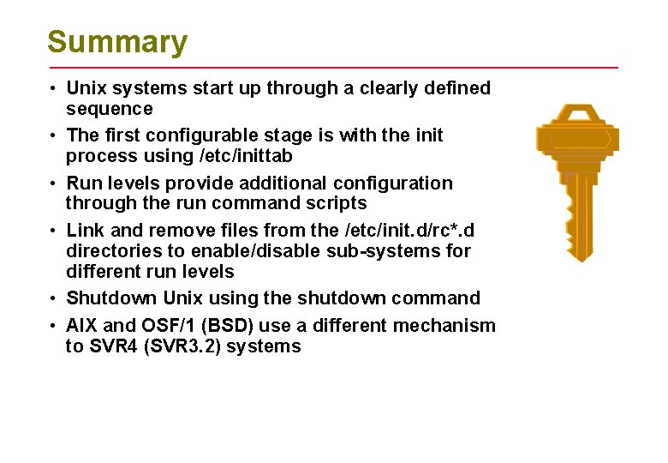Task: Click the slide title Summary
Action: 117,42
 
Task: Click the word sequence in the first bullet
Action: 110,109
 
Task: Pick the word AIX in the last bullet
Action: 82,326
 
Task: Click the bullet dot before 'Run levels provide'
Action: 54,183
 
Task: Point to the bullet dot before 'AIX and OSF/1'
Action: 54,327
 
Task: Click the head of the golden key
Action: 576,140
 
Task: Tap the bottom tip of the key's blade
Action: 582,259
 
